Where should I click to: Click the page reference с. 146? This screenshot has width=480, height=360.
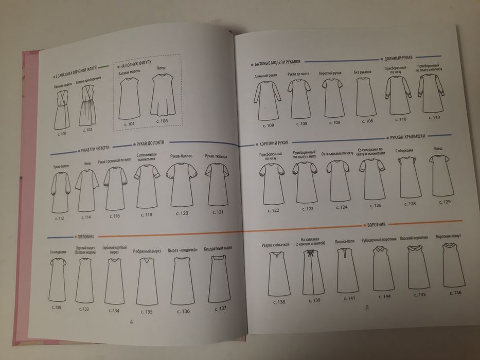coord(455,293)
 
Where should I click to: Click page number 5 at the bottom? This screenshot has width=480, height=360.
coord(367,308)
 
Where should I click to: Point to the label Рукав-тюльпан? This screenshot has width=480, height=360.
coord(217,156)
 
